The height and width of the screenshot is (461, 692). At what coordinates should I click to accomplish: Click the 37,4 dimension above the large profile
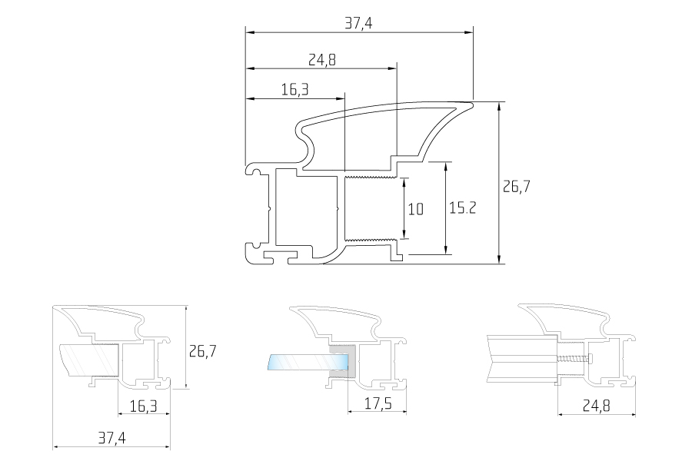[x=358, y=23]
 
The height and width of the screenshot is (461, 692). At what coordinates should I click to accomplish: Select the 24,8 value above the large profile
[x=321, y=60]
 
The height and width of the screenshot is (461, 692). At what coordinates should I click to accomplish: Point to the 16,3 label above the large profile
[x=294, y=90]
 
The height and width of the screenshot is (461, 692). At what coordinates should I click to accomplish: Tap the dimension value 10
[x=415, y=209]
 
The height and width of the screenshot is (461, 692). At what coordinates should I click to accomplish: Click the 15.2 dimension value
[x=463, y=207]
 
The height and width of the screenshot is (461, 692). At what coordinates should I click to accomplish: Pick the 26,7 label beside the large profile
[x=517, y=186]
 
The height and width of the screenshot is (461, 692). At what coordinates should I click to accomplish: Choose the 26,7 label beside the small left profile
[x=202, y=351]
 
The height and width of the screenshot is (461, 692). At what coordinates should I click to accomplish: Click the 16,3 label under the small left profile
[x=144, y=406]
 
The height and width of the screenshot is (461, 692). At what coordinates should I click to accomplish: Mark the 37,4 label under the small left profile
[x=111, y=438]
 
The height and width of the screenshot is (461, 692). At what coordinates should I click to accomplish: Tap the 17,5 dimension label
[x=378, y=403]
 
